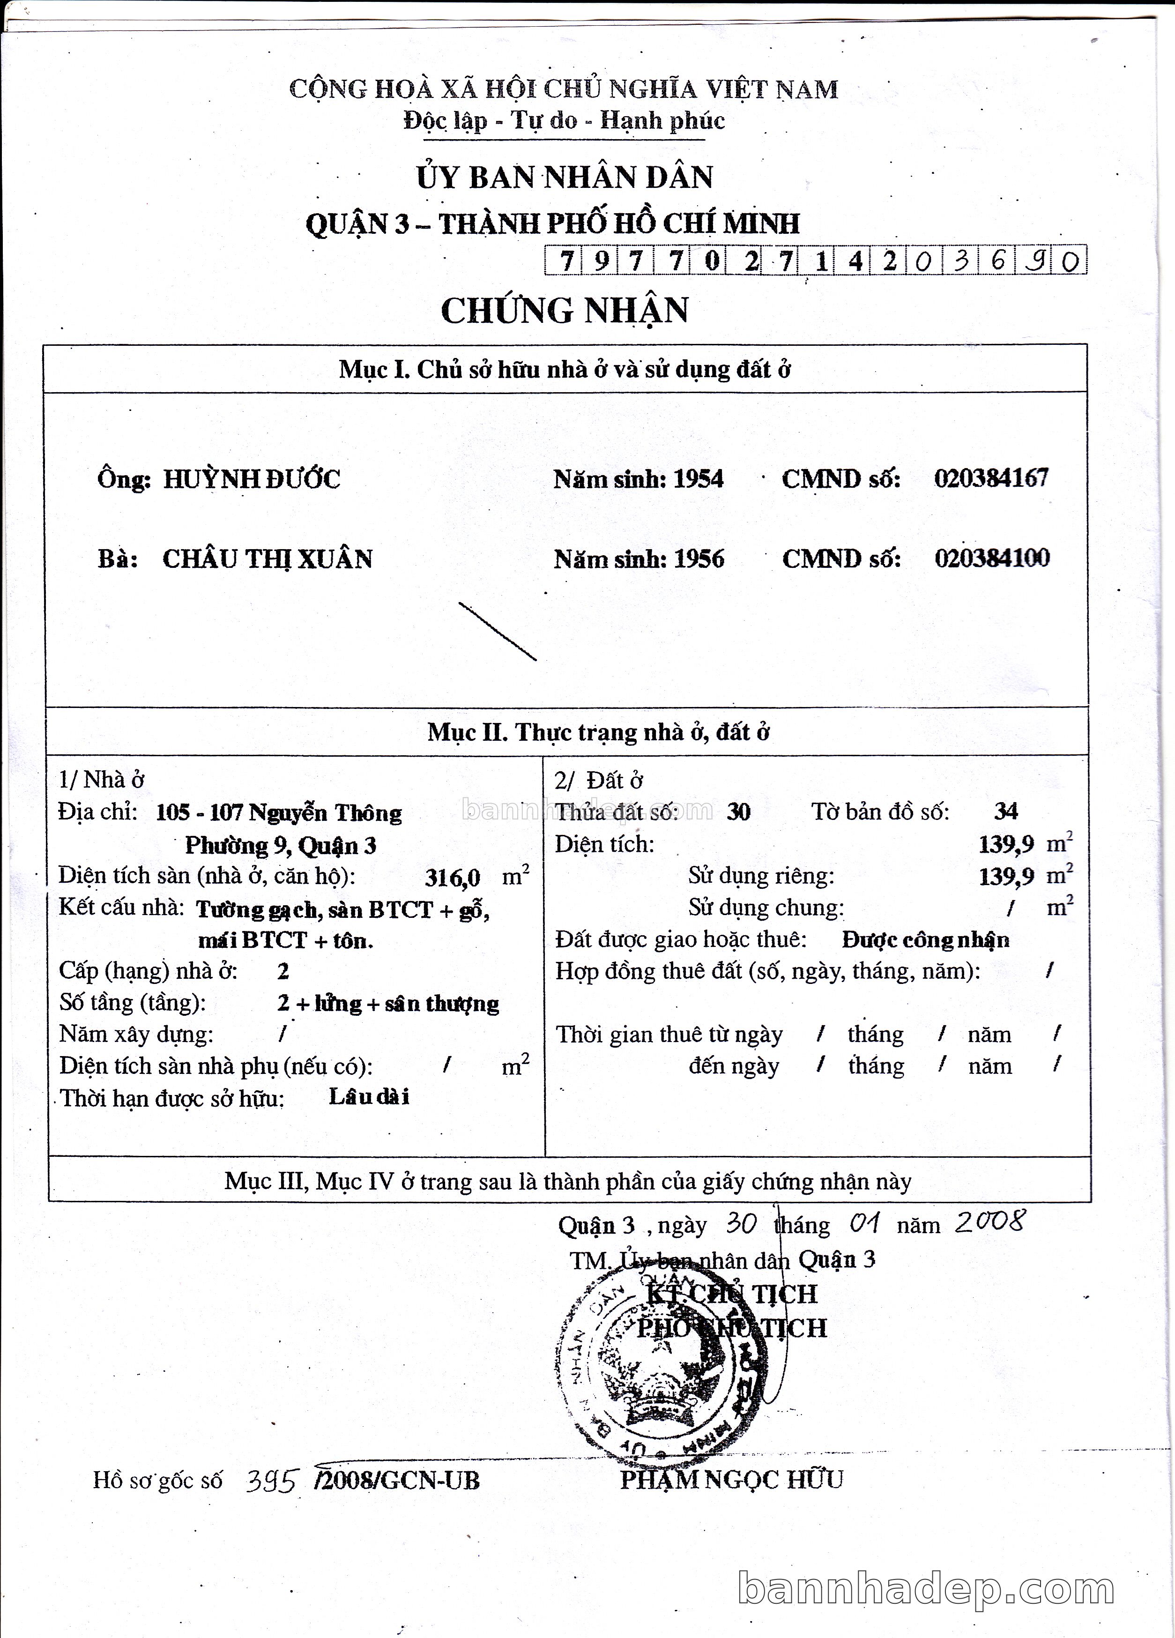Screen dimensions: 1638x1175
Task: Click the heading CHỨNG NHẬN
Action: pos(564,311)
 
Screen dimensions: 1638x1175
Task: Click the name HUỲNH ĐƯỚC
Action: pos(251,479)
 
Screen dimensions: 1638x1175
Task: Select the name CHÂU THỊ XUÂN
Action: pos(267,559)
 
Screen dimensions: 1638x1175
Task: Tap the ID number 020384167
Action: pos(991,477)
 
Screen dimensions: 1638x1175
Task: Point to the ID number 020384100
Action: pos(991,558)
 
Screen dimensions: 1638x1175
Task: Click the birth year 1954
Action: pos(699,479)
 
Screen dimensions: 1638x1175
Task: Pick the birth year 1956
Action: pos(699,559)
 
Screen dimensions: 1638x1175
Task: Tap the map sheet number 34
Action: pos(1005,811)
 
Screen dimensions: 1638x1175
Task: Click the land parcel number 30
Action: pos(738,812)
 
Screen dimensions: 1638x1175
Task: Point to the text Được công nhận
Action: pos(925,939)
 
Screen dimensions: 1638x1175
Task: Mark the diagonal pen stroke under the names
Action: pos(497,631)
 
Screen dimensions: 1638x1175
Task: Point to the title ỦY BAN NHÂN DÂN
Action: pos(564,178)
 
